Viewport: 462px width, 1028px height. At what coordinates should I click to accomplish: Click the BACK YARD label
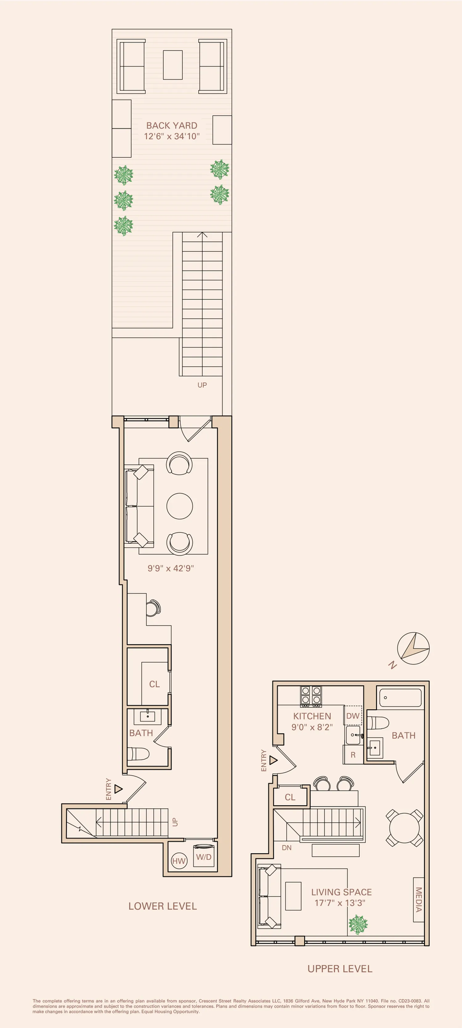pos(172,125)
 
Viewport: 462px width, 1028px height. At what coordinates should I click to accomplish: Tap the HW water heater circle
pos(179,861)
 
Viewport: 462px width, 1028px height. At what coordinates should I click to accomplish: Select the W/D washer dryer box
pos(204,857)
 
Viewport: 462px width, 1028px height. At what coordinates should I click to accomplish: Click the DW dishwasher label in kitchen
pos(353,716)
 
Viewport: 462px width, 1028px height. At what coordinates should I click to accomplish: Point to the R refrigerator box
pos(353,755)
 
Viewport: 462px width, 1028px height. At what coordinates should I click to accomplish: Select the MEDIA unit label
pos(418,900)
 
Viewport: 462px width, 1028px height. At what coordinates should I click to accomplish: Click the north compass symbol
pos(413,648)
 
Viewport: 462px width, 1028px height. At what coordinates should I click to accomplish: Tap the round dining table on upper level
pos(404,827)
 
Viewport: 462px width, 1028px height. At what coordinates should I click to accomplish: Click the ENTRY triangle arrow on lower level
pos(118,789)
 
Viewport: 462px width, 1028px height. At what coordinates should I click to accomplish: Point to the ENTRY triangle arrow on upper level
pos(273,760)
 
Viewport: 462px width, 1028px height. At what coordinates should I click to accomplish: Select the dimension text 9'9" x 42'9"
pos(171,568)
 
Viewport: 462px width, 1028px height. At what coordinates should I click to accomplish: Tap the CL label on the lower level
pos(154,684)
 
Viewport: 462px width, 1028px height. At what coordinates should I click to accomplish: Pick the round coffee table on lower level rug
pos(180,506)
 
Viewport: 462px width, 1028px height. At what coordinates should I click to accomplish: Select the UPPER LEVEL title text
pos(340,969)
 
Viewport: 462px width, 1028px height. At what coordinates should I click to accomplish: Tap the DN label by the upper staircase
pos(286,848)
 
